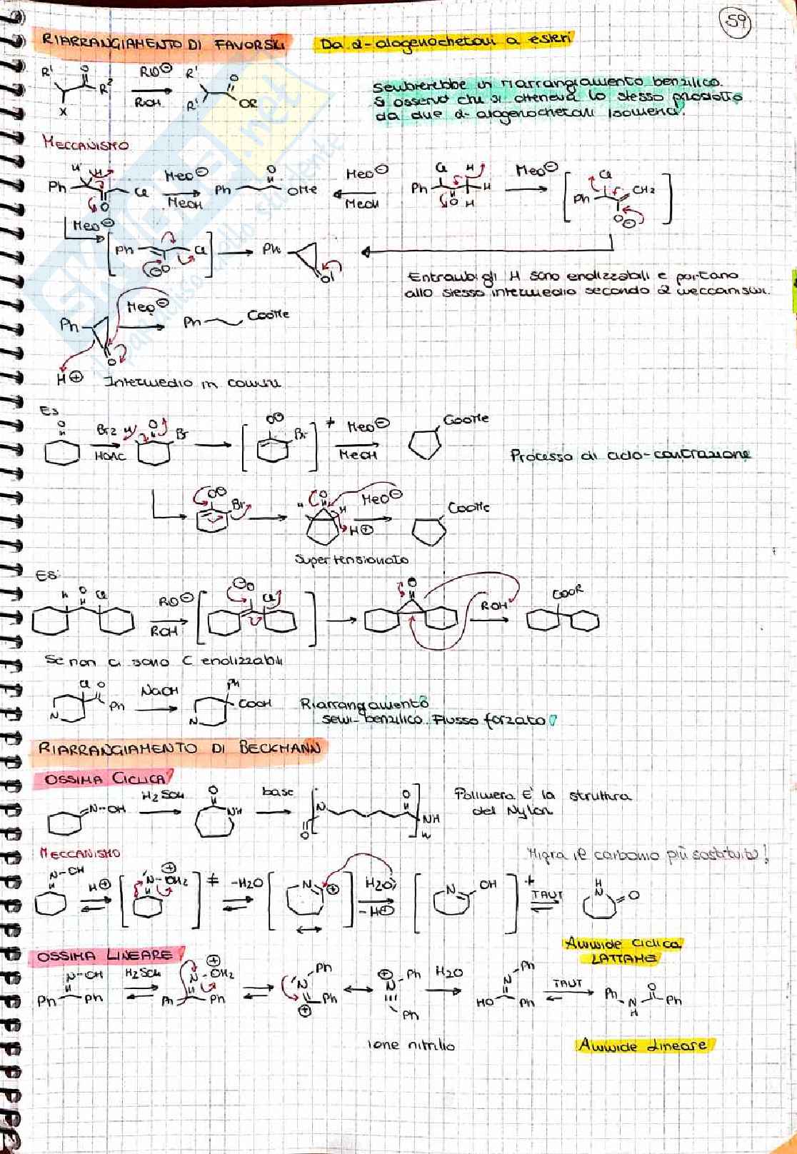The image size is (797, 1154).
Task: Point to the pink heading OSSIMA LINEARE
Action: coord(109,955)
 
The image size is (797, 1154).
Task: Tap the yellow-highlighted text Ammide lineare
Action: coord(643,1045)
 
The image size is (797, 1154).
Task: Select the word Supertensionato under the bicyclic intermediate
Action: coord(352,560)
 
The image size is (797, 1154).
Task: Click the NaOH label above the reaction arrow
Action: coord(159,691)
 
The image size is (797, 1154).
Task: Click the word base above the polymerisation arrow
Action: coord(278,792)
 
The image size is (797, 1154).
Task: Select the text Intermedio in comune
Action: coord(192,383)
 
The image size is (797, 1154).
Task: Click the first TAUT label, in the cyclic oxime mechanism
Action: coord(546,893)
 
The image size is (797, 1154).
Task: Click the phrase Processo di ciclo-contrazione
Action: coord(630,455)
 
